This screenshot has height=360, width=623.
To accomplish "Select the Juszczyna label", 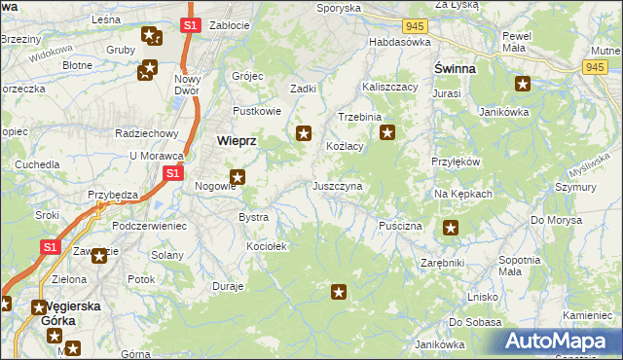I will pyautogui.click(x=338, y=185).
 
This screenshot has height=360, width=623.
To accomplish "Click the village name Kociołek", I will pyautogui.click(x=267, y=247).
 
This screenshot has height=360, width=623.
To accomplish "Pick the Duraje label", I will pyautogui.click(x=228, y=287).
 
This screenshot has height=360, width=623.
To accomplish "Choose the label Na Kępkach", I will pyautogui.click(x=463, y=194).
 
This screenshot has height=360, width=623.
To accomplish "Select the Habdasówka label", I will pyautogui.click(x=399, y=43).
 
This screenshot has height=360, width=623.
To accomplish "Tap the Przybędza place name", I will pyautogui.click(x=112, y=194).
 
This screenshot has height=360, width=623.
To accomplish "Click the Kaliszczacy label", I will pyautogui.click(x=389, y=87).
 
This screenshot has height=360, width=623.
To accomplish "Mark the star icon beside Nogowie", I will pyautogui.click(x=237, y=177).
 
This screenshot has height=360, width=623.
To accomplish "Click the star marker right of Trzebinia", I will pyautogui.click(x=387, y=132).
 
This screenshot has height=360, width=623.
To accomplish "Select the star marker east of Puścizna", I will pyautogui.click(x=451, y=228).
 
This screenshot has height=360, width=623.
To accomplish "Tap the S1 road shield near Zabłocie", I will pyautogui.click(x=191, y=24).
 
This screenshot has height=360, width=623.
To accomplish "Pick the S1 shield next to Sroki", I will pyautogui.click(x=50, y=248).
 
